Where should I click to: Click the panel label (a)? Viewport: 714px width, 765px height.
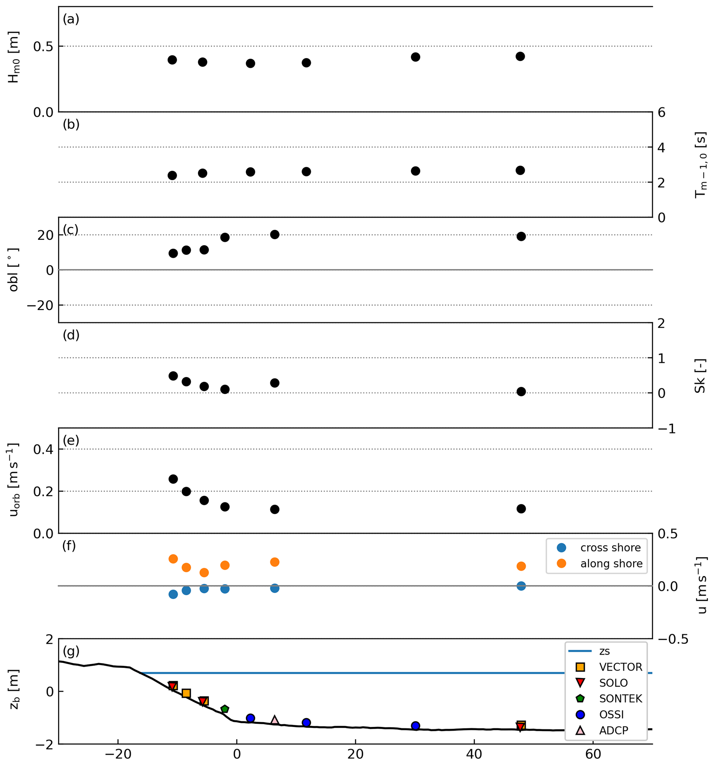pos(71,19)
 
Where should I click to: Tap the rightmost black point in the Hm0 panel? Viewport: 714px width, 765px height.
pos(520,57)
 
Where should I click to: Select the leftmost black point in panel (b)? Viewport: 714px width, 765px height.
pos(172,175)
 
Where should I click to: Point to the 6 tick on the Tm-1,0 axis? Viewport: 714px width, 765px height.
pos(661,113)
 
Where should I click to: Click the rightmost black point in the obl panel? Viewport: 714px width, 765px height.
pos(521,236)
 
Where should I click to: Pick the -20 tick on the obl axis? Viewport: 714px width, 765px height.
pos(40,305)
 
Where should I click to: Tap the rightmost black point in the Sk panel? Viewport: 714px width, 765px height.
pos(521,391)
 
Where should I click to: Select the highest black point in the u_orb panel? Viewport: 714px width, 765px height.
pos(173,479)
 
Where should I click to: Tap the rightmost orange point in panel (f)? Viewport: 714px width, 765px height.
pos(521,566)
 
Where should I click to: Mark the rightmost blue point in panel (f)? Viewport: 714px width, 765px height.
pos(521,586)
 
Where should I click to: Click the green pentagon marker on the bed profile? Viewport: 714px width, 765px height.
pos(225,709)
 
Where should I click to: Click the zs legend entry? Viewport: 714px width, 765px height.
pos(604,651)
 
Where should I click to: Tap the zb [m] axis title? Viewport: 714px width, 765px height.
pos(14,691)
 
